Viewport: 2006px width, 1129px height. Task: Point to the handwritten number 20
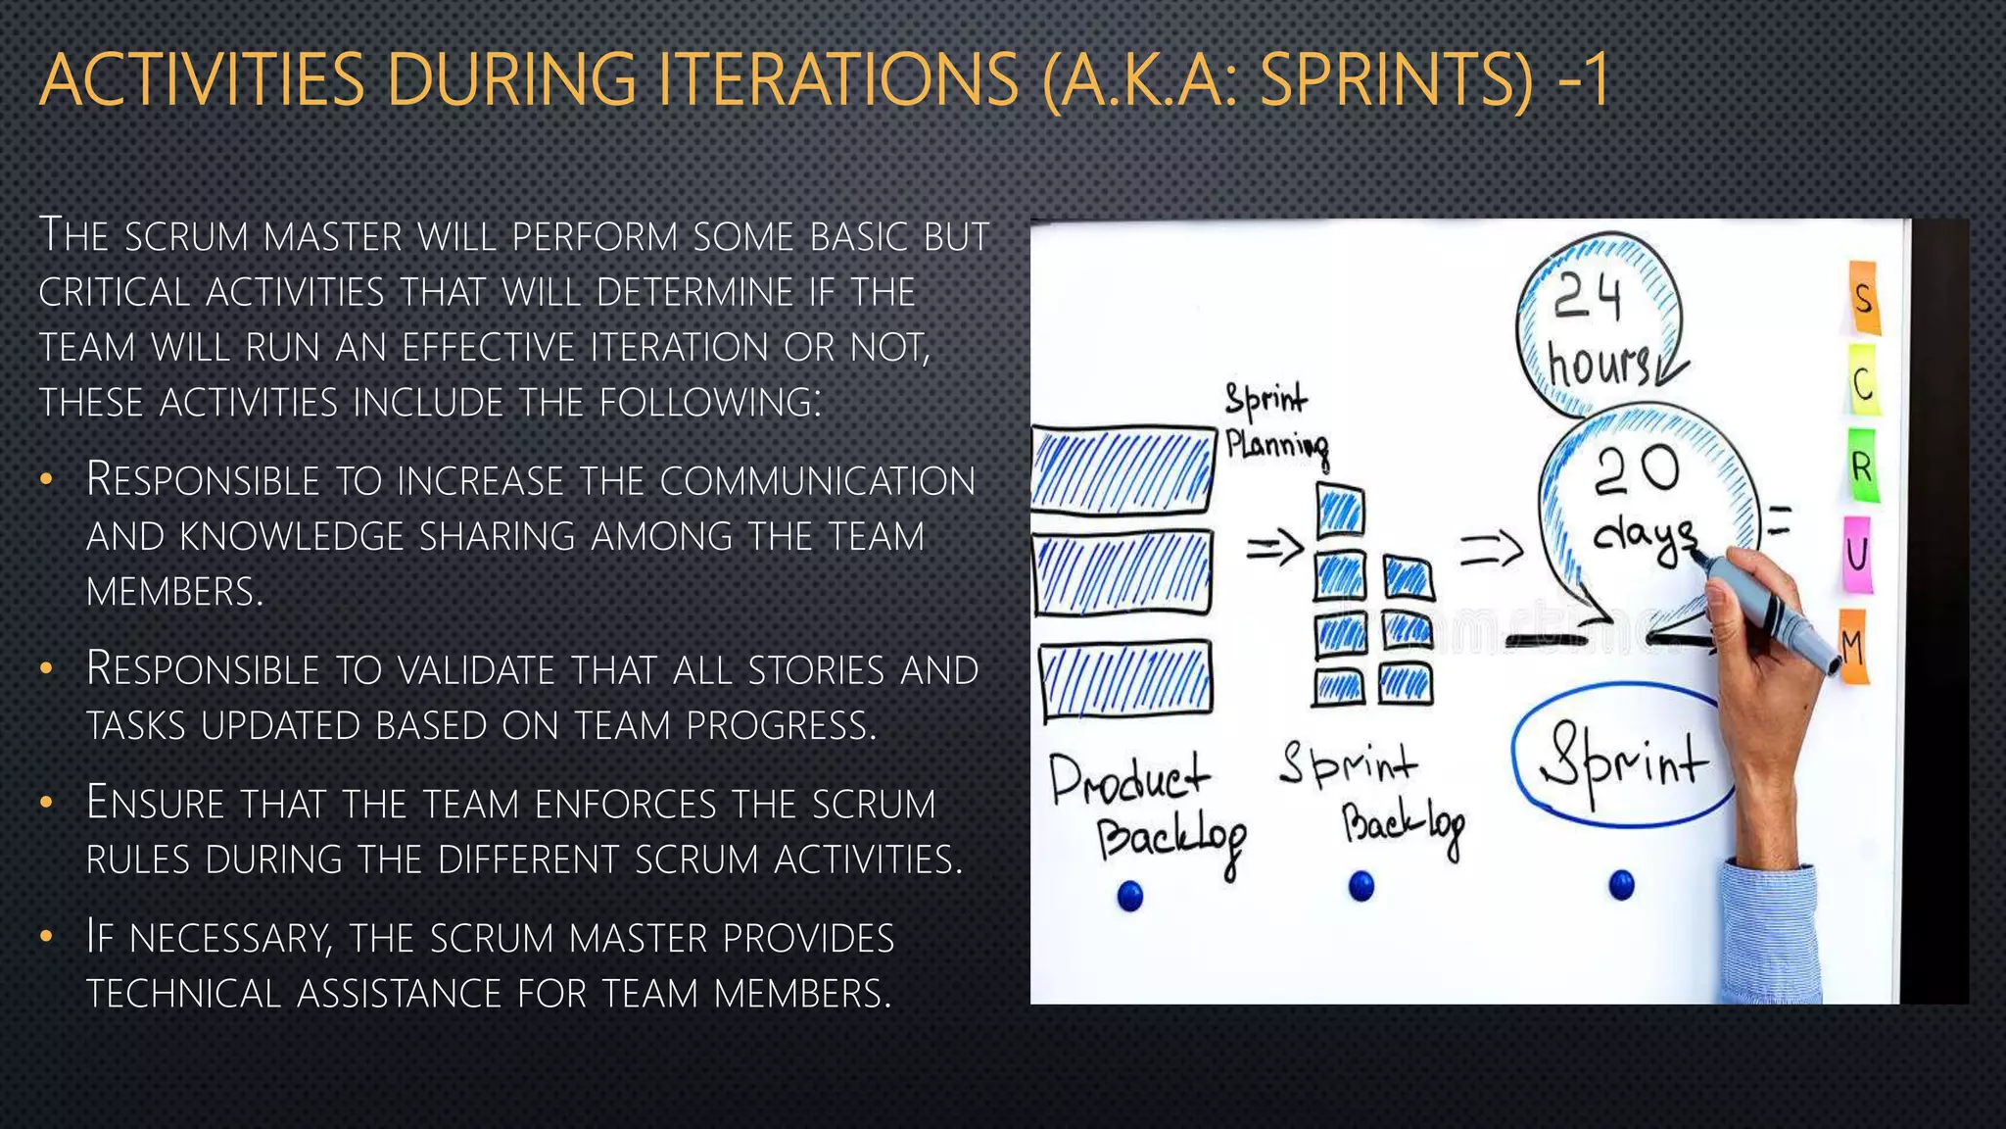(1636, 470)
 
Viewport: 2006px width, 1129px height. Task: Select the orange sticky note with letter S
(1863, 297)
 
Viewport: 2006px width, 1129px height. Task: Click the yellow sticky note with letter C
(1863, 383)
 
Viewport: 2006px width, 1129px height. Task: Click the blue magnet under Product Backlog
(1130, 895)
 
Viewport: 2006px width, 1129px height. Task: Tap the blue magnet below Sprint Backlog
(1361, 886)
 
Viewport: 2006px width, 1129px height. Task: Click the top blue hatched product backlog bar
(1123, 468)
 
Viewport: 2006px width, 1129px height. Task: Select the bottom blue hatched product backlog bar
(1126, 678)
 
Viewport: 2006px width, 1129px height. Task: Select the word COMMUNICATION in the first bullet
(817, 481)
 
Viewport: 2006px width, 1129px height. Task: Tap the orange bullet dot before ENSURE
(46, 805)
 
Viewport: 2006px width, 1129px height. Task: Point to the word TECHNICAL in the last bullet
(184, 994)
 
